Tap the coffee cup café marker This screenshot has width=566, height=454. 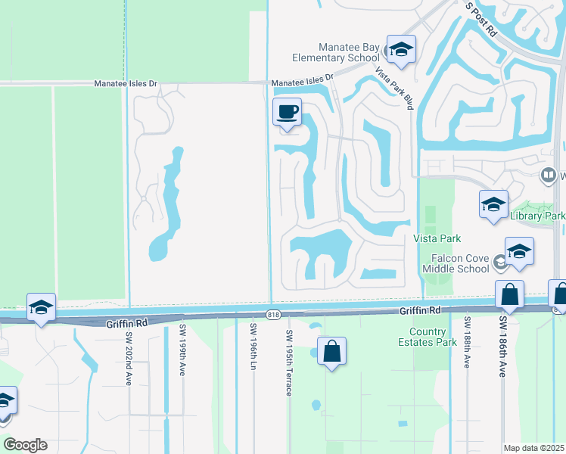(287, 113)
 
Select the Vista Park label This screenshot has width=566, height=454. (437, 238)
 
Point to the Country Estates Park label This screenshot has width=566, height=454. (433, 337)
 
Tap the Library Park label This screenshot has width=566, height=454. (538, 216)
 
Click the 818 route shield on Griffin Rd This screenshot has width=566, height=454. (274, 314)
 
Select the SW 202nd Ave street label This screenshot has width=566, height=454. (129, 359)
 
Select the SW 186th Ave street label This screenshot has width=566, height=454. (502, 347)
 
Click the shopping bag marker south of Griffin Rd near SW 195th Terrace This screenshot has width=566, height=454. (331, 351)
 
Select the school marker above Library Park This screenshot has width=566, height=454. (493, 204)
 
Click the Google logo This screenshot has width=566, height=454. (25, 445)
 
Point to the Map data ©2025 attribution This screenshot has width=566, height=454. (534, 448)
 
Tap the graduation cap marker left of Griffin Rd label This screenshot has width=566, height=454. (41, 307)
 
